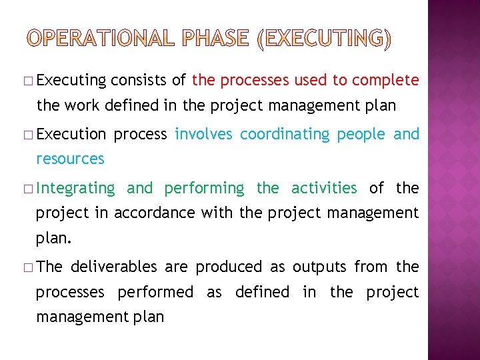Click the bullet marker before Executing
pyautogui.click(x=31, y=81)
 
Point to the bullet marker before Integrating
pyautogui.click(x=31, y=189)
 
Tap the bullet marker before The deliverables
pyautogui.click(x=31, y=267)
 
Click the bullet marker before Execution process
pyautogui.click(x=31, y=135)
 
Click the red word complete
pyautogui.click(x=385, y=81)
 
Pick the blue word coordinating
pyautogui.click(x=285, y=134)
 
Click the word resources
pyautogui.click(x=70, y=159)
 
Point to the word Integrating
pyautogui.click(x=75, y=189)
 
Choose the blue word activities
pyautogui.click(x=324, y=188)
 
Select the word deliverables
pyautogui.click(x=114, y=267)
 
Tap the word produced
pyautogui.click(x=229, y=267)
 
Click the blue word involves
pyautogui.click(x=203, y=134)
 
